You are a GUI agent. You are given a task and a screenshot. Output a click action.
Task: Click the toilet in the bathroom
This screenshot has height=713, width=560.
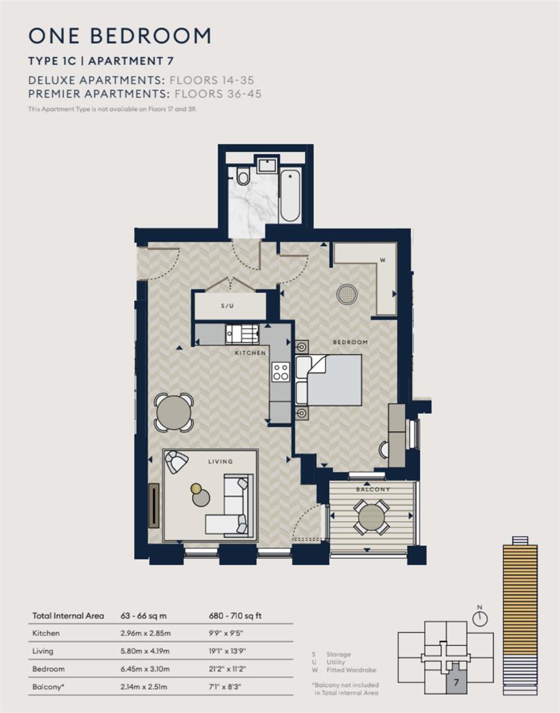(242, 176)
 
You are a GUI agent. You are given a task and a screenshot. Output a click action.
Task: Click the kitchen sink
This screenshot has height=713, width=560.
(234, 334)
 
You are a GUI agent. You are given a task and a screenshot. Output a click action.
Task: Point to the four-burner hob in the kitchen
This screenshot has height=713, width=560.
(281, 372)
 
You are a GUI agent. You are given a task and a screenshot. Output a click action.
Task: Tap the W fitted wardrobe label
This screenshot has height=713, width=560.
(382, 260)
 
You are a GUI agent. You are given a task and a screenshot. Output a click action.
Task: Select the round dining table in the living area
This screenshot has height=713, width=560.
(174, 413)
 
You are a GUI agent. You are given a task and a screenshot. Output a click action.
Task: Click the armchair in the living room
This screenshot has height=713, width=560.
(176, 461)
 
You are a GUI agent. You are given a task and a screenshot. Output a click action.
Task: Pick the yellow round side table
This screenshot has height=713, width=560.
(196, 489)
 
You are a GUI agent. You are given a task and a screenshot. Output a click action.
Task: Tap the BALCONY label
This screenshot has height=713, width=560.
(373, 489)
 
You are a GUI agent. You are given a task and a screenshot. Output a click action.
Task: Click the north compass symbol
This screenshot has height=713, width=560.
(480, 617)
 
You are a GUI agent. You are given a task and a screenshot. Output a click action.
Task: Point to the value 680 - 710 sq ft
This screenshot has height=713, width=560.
(235, 616)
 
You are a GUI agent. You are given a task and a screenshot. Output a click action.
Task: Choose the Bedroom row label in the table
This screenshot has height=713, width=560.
(48, 669)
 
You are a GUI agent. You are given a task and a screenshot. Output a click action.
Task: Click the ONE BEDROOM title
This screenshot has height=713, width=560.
(120, 36)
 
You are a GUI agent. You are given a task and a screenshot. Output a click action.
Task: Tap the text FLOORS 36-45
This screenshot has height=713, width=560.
(215, 94)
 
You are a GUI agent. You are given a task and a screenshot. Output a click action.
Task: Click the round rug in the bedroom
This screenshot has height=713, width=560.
(347, 294)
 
